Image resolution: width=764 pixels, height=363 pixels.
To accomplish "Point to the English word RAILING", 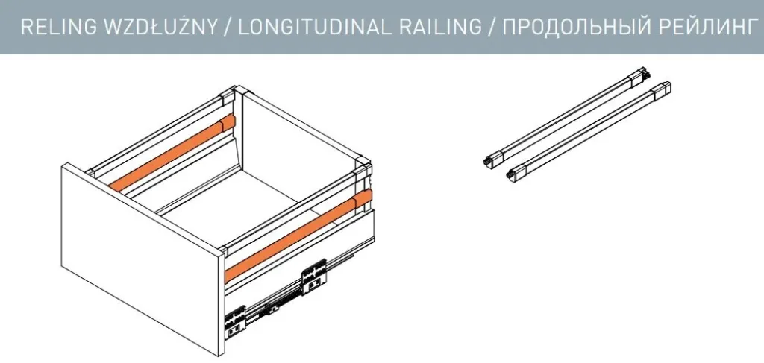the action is point(440,27).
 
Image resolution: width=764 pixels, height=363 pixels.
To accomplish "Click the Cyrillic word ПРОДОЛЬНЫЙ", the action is point(572,28).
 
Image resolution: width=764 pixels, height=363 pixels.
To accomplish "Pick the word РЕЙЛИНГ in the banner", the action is point(703,27).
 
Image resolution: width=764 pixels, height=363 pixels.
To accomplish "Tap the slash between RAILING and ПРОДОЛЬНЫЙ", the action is point(491,28).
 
